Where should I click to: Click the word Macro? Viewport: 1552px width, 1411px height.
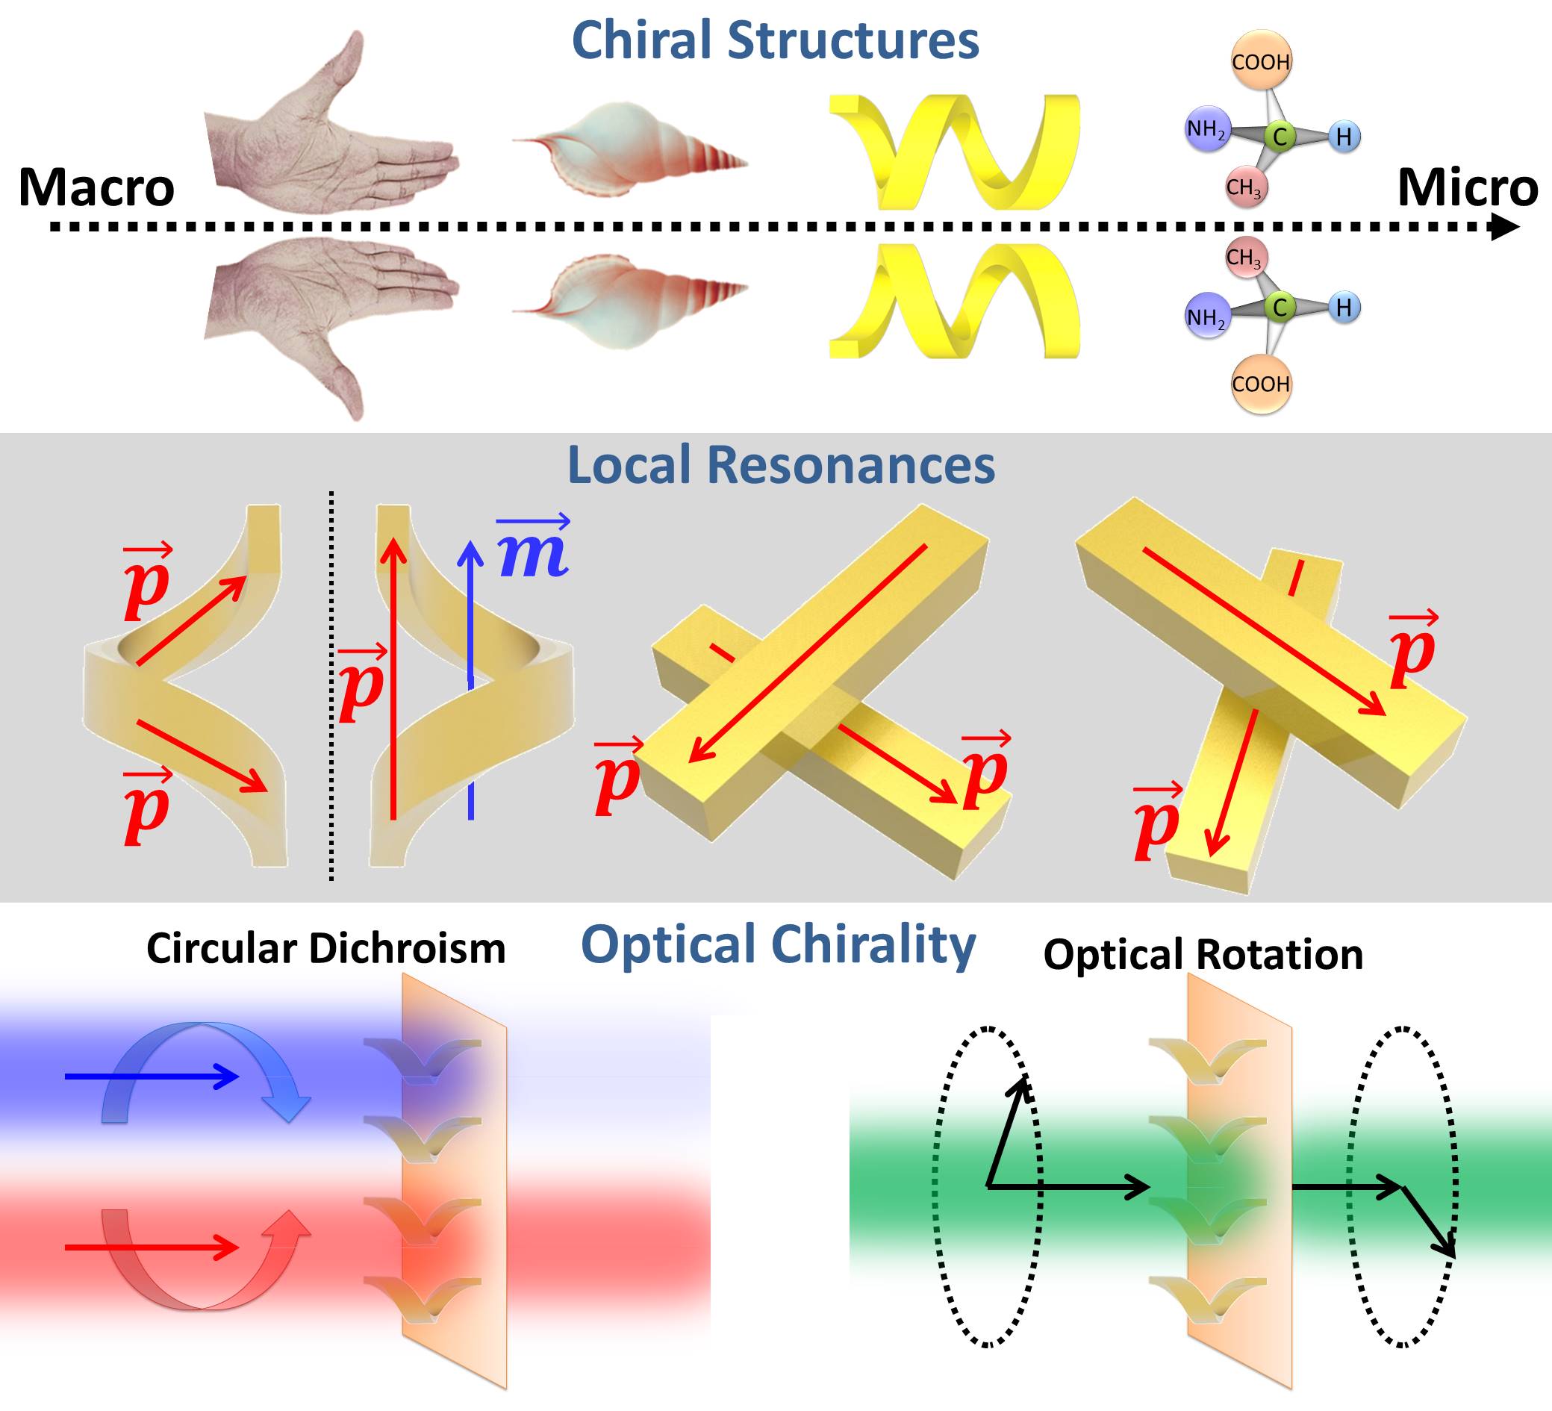tap(96, 188)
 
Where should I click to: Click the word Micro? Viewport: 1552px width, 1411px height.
tap(1468, 188)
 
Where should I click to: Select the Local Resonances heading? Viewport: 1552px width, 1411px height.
tap(781, 466)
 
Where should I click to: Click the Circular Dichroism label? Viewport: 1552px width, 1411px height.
tap(325, 948)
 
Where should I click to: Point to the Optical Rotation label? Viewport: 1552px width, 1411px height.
tap(1203, 955)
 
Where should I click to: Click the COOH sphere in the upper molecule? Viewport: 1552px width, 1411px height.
tap(1260, 61)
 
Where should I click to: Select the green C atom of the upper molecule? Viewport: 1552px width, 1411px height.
tap(1280, 137)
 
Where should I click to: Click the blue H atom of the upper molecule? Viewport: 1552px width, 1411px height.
tap(1344, 137)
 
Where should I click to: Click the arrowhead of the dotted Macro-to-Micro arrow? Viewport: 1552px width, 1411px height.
tap(1505, 227)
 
